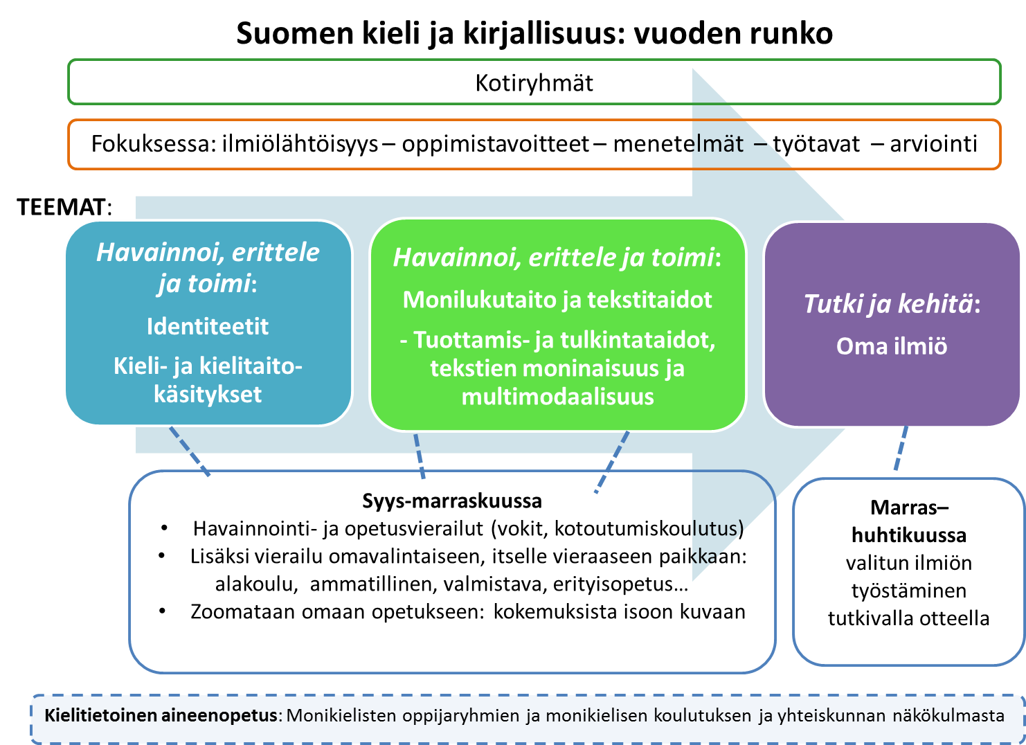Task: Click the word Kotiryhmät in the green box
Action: tap(534, 83)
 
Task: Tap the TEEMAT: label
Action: tap(64, 207)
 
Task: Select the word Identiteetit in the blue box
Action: tap(208, 326)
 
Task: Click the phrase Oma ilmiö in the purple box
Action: tap(892, 345)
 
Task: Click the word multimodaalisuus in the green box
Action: tap(557, 396)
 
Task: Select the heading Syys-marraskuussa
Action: tap(452, 501)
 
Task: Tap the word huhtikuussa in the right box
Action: tap(908, 535)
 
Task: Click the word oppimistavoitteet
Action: tap(496, 144)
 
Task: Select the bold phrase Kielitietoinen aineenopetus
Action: tap(161, 715)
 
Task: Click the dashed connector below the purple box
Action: tap(901, 449)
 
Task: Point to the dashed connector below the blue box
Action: tap(190, 451)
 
